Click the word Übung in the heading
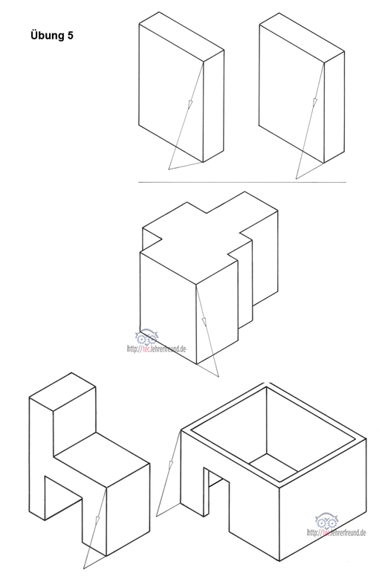47,35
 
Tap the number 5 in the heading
70,36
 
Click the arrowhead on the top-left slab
190,105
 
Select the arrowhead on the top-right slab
315,103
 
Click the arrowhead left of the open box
171,464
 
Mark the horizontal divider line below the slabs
242,182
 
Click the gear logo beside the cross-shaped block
146,337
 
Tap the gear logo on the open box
326,521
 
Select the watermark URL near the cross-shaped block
157,349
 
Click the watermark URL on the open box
337,532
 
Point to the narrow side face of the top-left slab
214,106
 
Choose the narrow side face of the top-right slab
334,107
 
